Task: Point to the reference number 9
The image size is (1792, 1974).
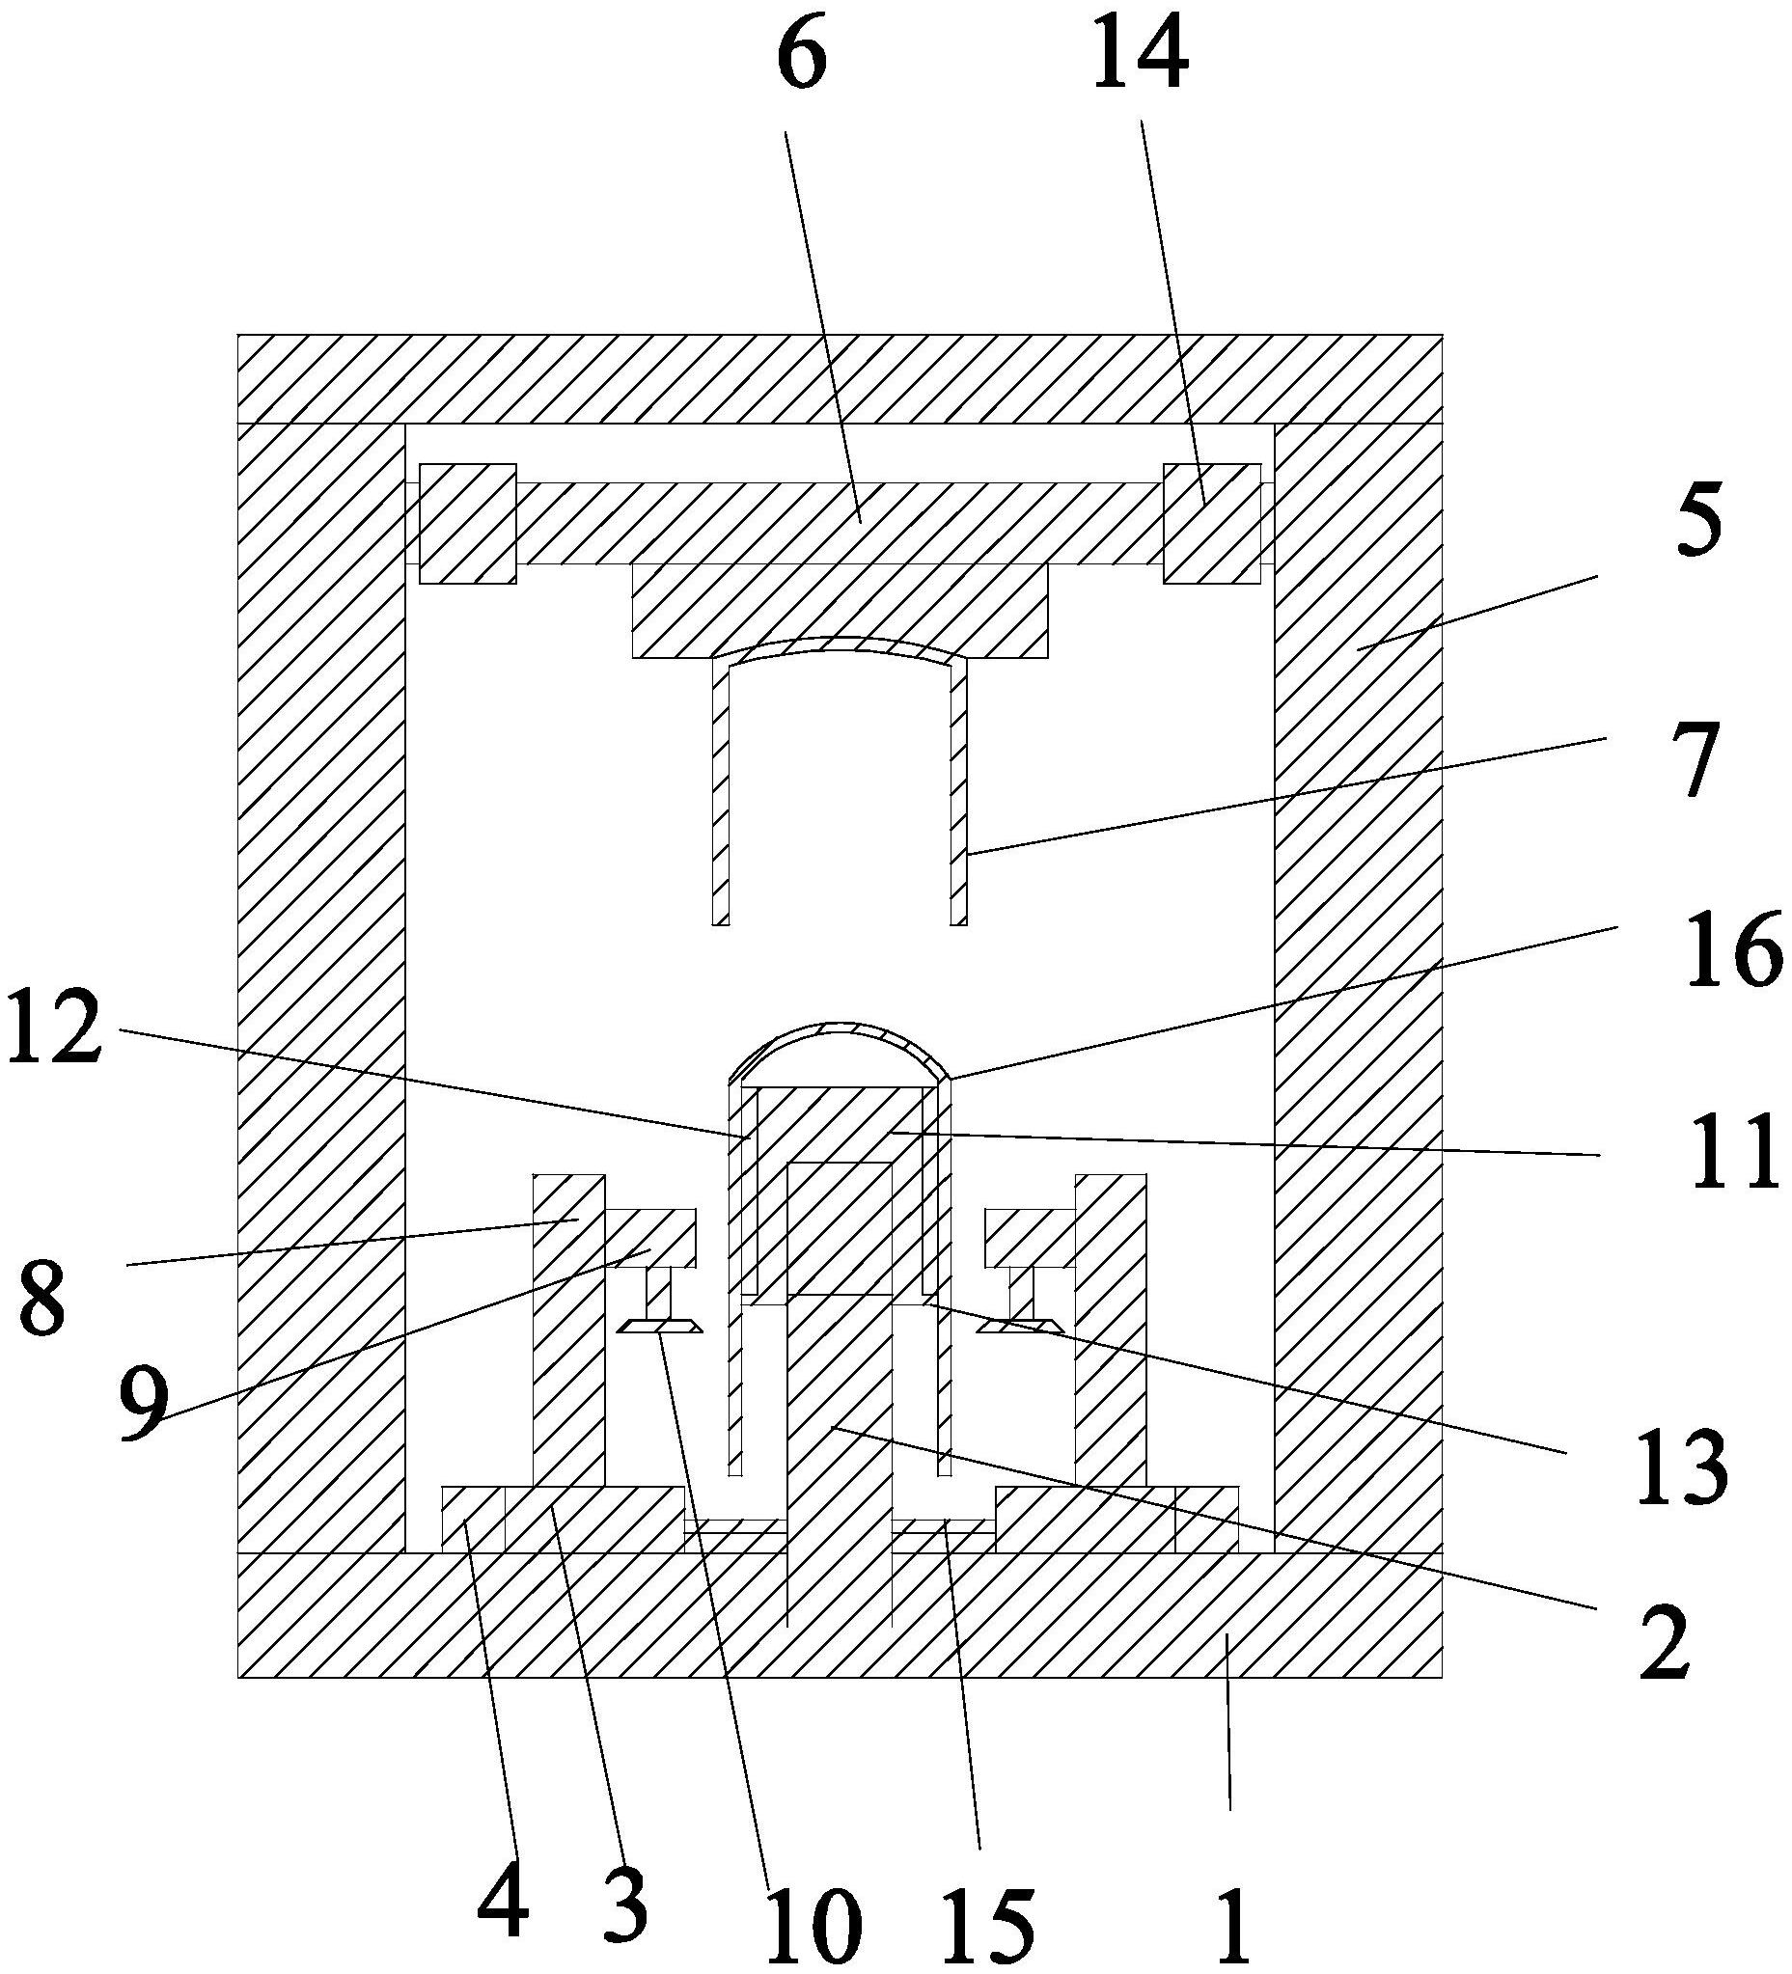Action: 142,1403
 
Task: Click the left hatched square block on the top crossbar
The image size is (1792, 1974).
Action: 467,523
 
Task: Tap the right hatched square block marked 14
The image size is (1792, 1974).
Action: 1211,523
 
